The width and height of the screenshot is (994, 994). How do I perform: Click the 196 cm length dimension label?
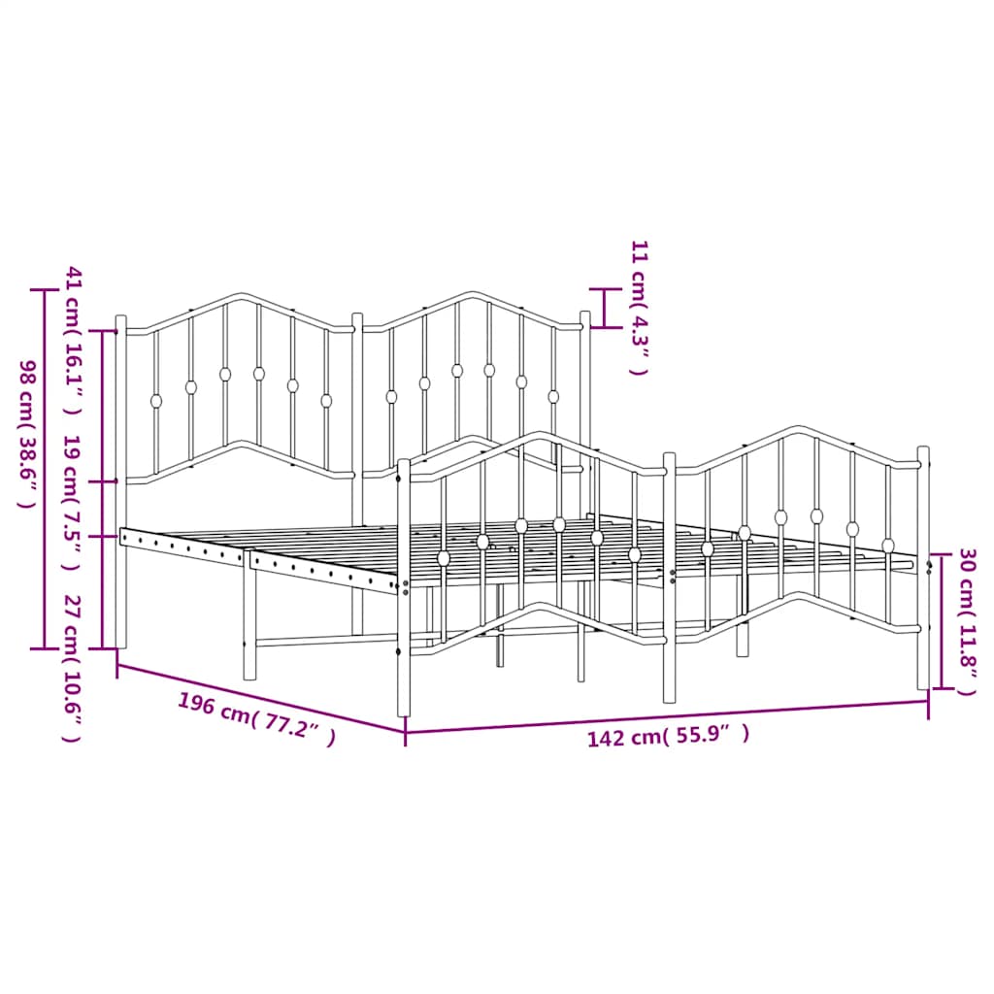pyautogui.click(x=257, y=719)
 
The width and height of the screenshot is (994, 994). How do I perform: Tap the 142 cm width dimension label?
pyautogui.click(x=668, y=736)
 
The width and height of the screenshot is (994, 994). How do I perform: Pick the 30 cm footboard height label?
pyautogui.click(x=966, y=622)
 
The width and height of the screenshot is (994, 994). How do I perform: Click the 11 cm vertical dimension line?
pyautogui.click(x=605, y=308)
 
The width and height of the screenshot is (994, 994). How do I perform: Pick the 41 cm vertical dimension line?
pyautogui.click(x=103, y=406)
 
